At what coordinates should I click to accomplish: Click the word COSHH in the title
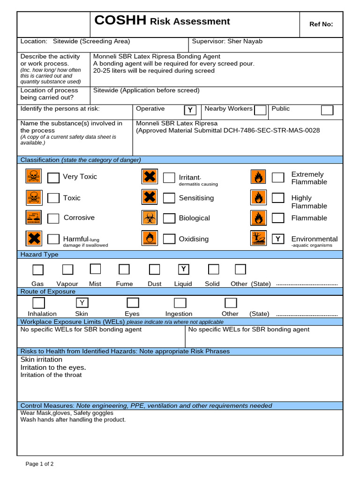pyautogui.click(x=120, y=21)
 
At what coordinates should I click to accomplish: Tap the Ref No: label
pyautogui.click(x=321, y=24)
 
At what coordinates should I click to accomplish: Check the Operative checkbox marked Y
pyautogui.click(x=190, y=110)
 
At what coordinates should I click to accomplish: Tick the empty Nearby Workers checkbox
pyautogui.click(x=260, y=110)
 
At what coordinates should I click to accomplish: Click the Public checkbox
pyautogui.click(x=327, y=110)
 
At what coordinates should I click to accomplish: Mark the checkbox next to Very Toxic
pyautogui.click(x=53, y=177)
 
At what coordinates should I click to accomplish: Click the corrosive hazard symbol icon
pyautogui.click(x=34, y=217)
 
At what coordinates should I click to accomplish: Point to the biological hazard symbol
pyautogui.click(x=150, y=217)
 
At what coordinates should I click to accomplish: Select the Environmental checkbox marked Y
pyautogui.click(x=278, y=239)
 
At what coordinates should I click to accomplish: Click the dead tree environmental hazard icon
pyautogui.click(x=258, y=239)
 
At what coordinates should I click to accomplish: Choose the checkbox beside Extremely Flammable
pyautogui.click(x=278, y=177)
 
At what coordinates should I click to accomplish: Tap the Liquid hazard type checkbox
pyautogui.click(x=184, y=269)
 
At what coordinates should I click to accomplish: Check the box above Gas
pyautogui.click(x=38, y=270)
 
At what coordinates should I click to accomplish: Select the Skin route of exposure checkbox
pyautogui.click(x=82, y=302)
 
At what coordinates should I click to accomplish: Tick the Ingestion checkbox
pyautogui.click(x=180, y=302)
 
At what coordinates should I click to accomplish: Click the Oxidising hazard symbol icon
pyautogui.click(x=150, y=239)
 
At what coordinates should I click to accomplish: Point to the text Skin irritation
pyautogui.click(x=41, y=360)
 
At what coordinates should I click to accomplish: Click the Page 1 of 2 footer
pyautogui.click(x=39, y=464)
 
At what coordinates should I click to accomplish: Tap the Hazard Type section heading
pyautogui.click(x=39, y=255)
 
